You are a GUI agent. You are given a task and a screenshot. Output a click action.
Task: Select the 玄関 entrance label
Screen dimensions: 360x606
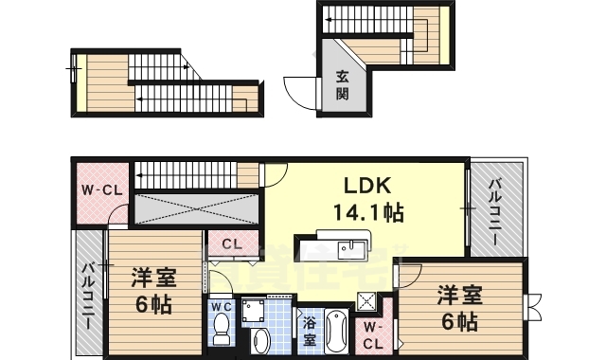[x=341, y=87]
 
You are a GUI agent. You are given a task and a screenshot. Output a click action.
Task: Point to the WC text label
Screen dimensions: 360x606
[x=221, y=307]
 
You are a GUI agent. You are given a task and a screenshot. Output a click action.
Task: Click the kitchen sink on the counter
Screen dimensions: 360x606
[x=355, y=248]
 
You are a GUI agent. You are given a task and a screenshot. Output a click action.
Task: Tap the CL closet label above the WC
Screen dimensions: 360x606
[x=231, y=244]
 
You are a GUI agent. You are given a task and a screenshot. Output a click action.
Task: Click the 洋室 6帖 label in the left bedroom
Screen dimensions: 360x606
[x=151, y=290]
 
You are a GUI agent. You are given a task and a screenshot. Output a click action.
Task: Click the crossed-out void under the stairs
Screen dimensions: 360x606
[x=194, y=207]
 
